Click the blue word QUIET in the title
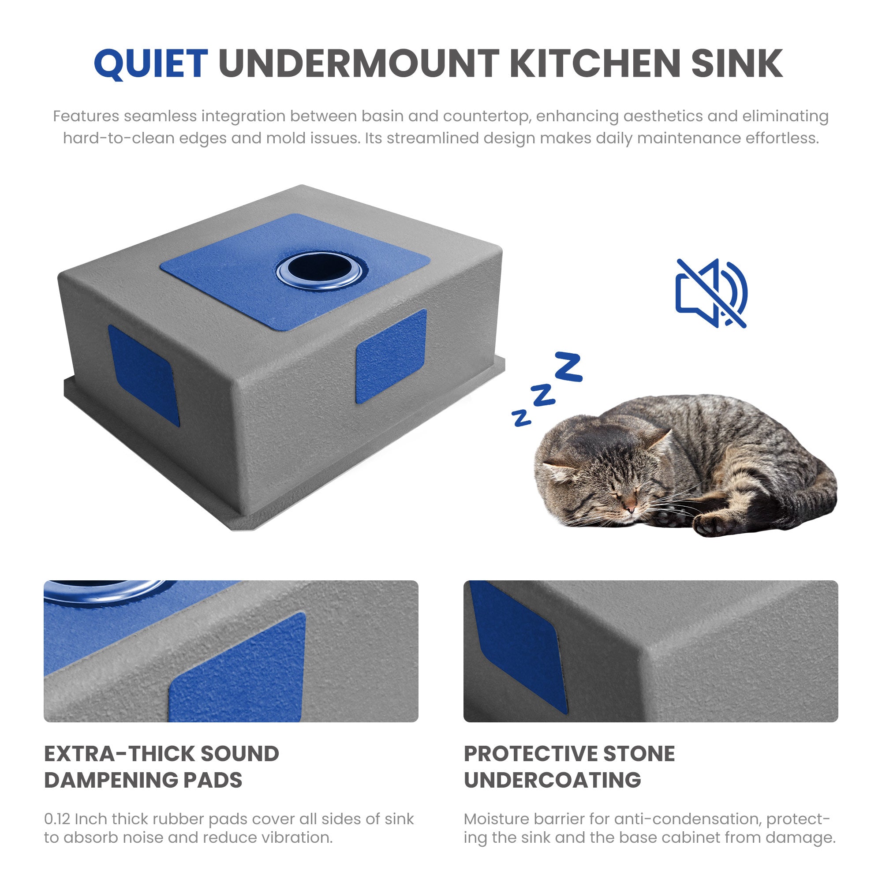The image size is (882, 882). [x=151, y=64]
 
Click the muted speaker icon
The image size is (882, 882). [x=711, y=293]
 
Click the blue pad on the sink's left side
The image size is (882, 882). [x=143, y=375]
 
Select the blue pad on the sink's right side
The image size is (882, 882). [x=391, y=356]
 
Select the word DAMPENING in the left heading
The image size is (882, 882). [x=111, y=780]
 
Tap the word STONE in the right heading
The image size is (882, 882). [x=639, y=754]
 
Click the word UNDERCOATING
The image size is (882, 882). [x=553, y=780]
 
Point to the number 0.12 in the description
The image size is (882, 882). [x=57, y=819]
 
